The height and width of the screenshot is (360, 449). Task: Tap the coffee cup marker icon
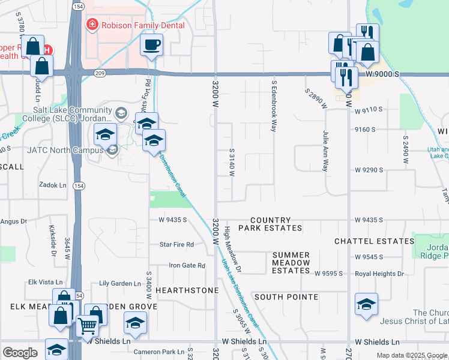point(152,44)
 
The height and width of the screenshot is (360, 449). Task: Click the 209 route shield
point(100,73)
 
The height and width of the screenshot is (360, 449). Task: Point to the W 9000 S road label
point(382,73)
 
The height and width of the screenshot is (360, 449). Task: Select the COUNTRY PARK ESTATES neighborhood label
point(270,224)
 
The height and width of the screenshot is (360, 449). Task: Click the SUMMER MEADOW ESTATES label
point(291,263)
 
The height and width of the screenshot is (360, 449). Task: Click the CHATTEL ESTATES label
point(374,241)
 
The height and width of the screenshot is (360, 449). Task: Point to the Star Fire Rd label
point(176,244)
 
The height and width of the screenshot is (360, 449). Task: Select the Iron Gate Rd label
point(187,265)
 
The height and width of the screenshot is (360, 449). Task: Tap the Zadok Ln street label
point(52,185)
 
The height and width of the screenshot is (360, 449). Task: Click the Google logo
point(20,353)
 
